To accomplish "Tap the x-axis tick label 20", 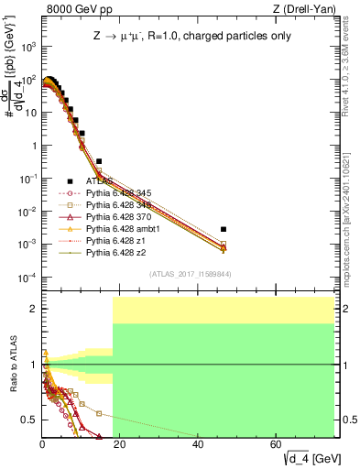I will (x=120, y=443).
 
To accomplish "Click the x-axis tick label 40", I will (x=199, y=443).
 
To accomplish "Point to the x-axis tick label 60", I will (x=277, y=443).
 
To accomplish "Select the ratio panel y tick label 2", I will (x=34, y=309).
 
